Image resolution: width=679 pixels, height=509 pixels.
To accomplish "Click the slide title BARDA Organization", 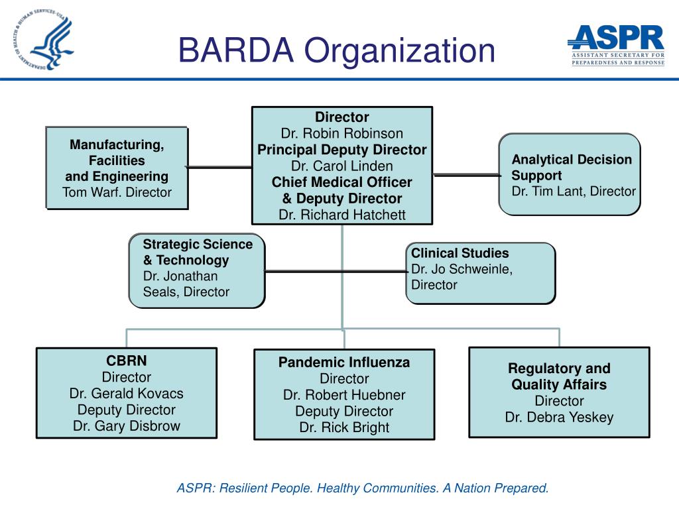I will (x=337, y=50).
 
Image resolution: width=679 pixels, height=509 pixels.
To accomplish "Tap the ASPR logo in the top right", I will (x=617, y=44).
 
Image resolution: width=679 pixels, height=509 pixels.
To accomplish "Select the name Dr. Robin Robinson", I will (x=341, y=134).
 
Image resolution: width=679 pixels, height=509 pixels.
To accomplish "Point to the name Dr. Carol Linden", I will (x=341, y=166).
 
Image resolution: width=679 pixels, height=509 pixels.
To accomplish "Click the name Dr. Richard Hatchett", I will (x=341, y=215).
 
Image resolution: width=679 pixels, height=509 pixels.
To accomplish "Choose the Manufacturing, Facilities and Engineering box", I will (x=117, y=168).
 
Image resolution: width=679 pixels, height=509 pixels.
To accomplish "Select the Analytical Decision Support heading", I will (x=571, y=167).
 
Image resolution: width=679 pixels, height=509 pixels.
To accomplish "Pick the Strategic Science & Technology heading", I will (x=198, y=252).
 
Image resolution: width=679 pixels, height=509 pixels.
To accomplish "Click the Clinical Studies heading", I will (x=460, y=253).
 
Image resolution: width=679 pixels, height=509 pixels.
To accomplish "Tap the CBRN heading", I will (x=126, y=361).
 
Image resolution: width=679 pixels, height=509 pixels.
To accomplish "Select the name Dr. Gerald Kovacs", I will (x=126, y=394).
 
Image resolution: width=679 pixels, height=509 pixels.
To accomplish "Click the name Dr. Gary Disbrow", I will (x=126, y=426).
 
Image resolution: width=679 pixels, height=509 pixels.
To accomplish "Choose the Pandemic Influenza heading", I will (x=343, y=363).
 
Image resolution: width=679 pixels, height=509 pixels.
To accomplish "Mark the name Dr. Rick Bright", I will (x=343, y=427).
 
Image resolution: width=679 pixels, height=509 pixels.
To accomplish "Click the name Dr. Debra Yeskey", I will (x=558, y=418).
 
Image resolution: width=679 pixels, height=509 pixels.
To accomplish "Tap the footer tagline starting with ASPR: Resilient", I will (x=362, y=488).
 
